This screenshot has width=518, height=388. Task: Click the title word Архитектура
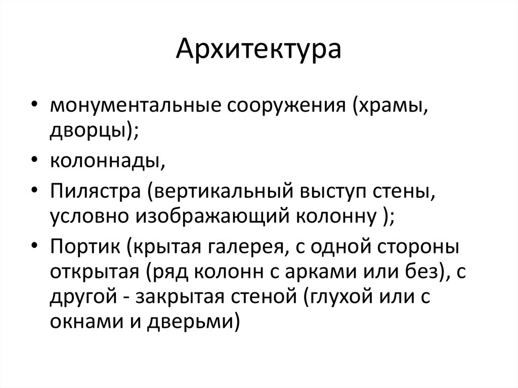pyautogui.click(x=258, y=51)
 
